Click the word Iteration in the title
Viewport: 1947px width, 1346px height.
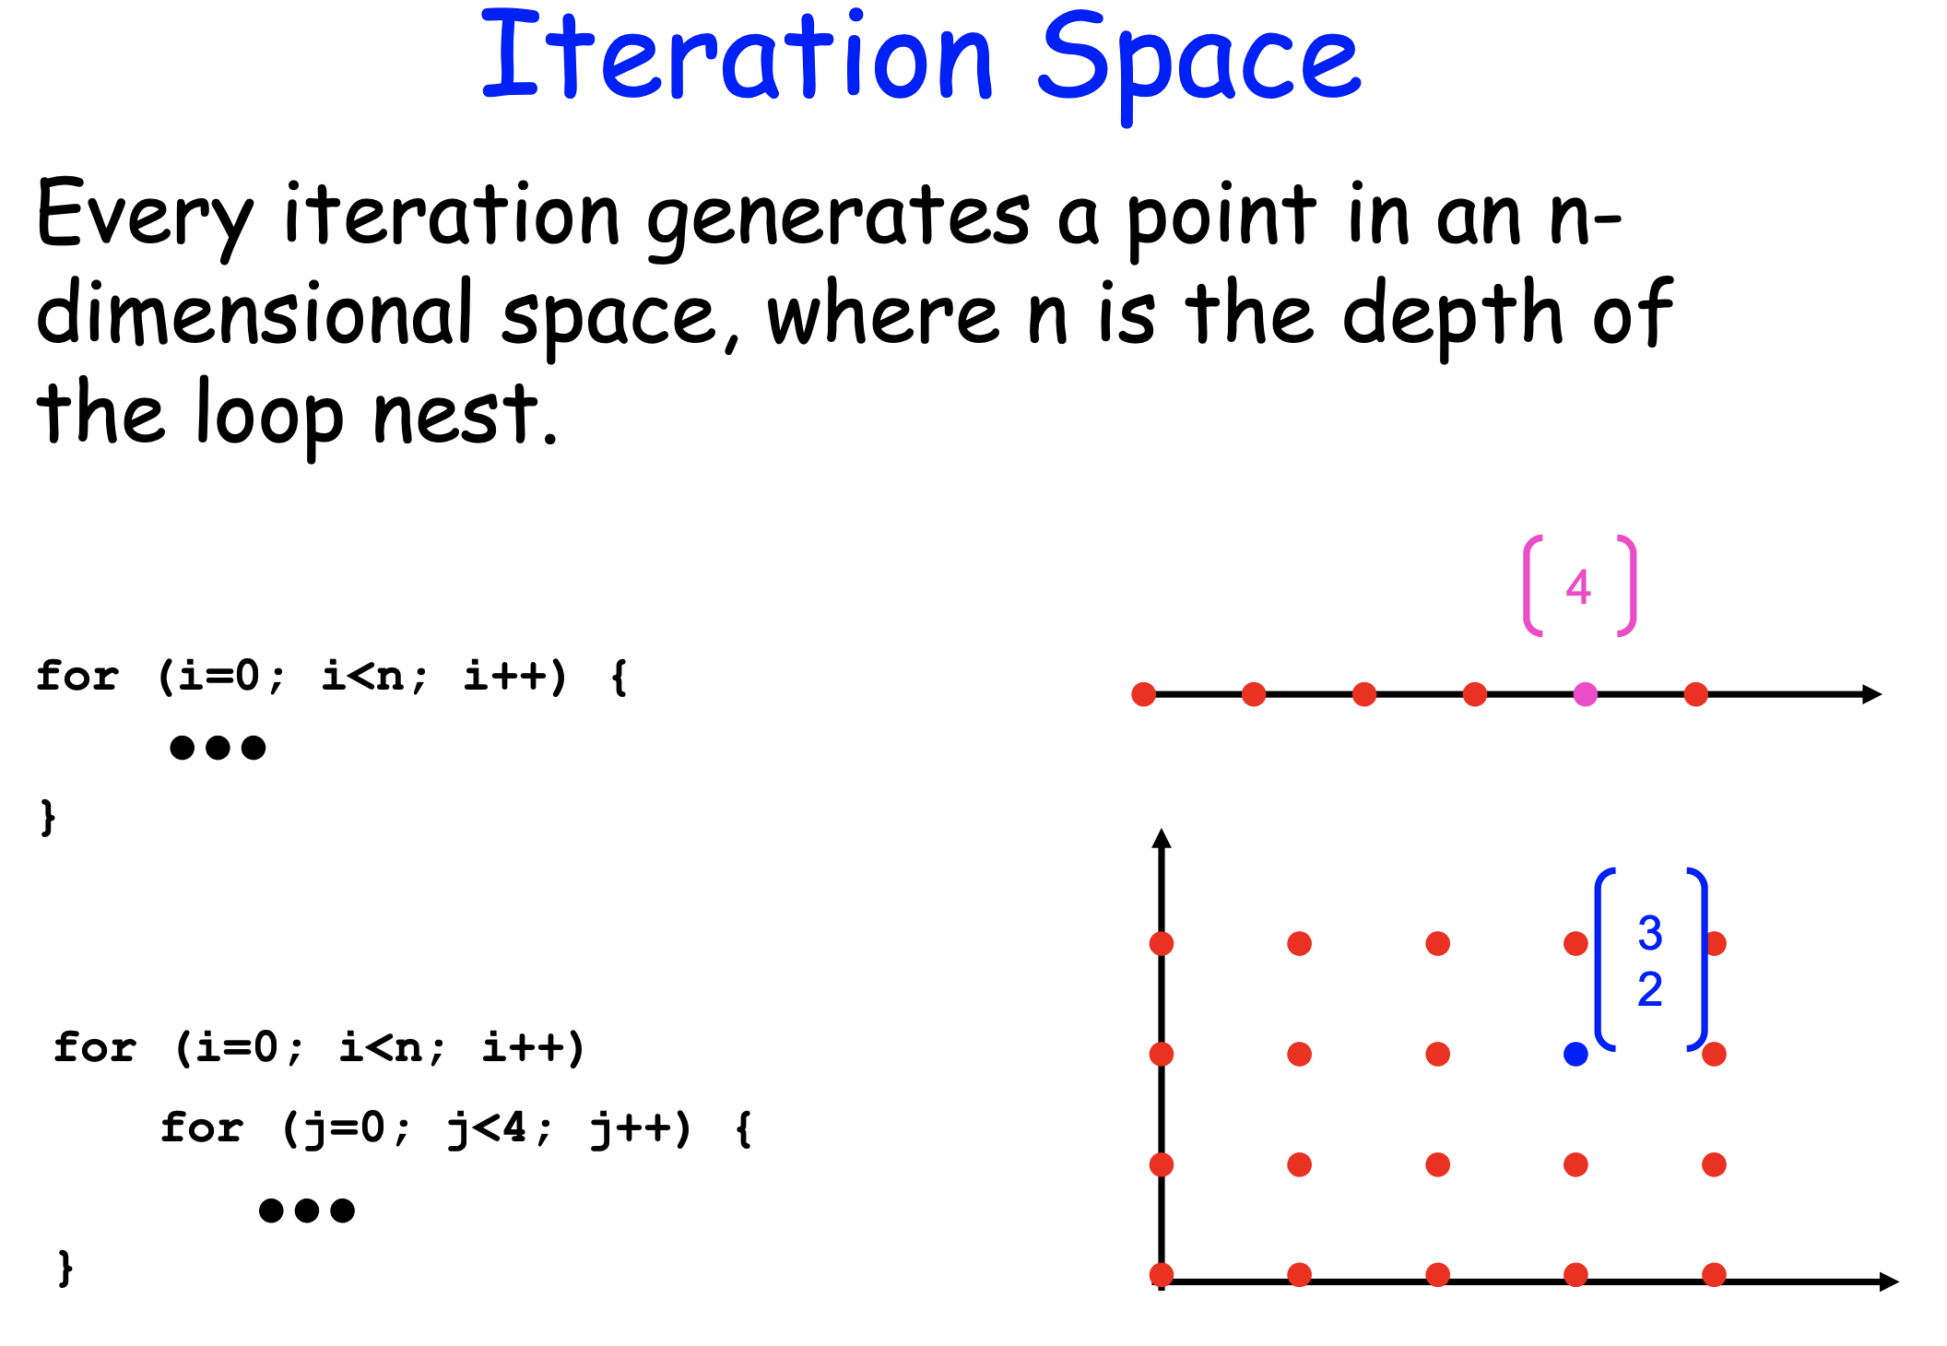pos(737,57)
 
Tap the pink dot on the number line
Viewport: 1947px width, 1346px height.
pos(1585,694)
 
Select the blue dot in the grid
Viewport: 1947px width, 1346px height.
pos(1575,1054)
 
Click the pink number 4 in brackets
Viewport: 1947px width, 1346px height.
pos(1578,587)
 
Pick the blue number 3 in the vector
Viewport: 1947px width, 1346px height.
pos(1650,933)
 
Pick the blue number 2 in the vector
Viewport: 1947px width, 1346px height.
pos(1650,990)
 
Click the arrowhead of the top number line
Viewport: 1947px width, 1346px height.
pos(1871,694)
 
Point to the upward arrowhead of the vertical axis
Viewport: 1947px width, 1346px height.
pos(1162,838)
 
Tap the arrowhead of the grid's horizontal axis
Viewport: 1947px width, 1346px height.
pos(1888,1281)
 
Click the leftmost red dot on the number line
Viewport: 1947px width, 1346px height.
pos(1143,694)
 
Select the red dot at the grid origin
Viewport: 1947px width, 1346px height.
pos(1162,1275)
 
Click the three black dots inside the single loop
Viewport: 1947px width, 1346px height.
pos(218,747)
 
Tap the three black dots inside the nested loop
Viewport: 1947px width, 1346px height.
pos(307,1210)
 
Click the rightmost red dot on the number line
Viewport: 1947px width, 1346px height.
pos(1695,694)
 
